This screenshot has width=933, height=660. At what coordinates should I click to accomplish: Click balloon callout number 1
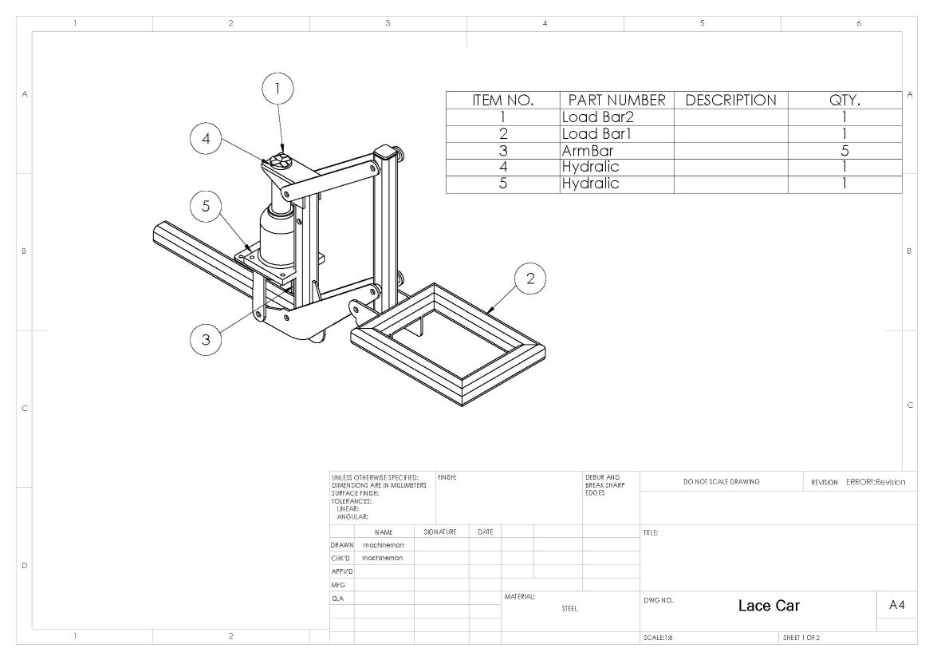(x=278, y=89)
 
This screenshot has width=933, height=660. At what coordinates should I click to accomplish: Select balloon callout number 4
(x=206, y=138)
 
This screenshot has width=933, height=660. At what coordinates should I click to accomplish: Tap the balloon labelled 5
(x=206, y=206)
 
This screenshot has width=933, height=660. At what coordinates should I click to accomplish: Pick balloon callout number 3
(x=206, y=339)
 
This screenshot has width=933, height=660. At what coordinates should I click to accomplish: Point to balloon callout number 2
(x=529, y=279)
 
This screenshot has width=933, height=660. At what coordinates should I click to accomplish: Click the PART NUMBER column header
(x=616, y=100)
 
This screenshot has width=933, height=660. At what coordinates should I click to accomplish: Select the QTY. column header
(x=844, y=100)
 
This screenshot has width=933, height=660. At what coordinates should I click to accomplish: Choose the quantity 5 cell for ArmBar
(x=844, y=151)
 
